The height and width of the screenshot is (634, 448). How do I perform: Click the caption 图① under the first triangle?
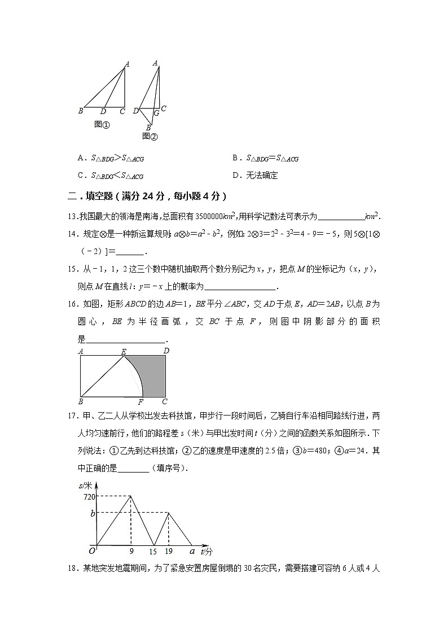(x=102, y=124)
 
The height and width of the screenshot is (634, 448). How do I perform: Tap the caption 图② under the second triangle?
(x=150, y=136)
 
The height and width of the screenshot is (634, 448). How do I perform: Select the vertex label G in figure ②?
(x=156, y=113)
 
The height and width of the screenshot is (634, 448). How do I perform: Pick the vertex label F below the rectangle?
(x=141, y=402)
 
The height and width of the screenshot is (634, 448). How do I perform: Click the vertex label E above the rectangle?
(x=124, y=351)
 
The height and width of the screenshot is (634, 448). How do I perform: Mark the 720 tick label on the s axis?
(x=89, y=496)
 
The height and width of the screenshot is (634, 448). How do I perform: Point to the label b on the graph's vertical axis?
(x=92, y=513)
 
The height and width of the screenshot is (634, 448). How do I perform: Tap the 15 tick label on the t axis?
(x=152, y=552)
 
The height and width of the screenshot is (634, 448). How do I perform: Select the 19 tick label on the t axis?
(x=169, y=552)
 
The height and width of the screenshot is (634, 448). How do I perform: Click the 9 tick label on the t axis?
(x=131, y=552)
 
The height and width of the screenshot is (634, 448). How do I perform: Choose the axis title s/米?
(x=86, y=485)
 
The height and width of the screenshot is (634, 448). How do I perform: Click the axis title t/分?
(x=206, y=551)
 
